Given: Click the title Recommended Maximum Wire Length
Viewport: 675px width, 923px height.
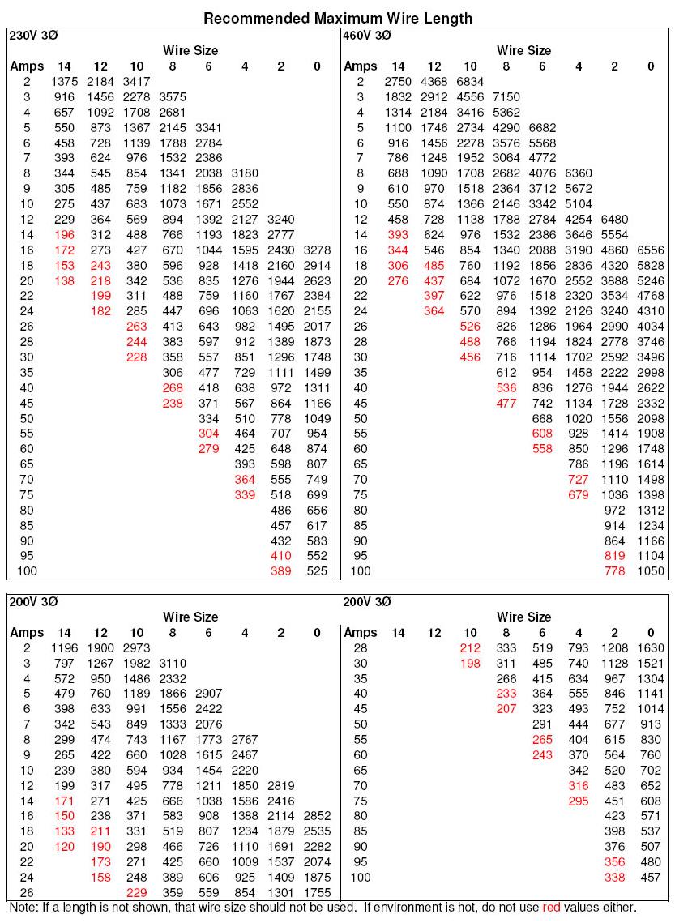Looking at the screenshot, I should click(337, 18).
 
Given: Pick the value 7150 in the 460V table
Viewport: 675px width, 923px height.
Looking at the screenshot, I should click(506, 96).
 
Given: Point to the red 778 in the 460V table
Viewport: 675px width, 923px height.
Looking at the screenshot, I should click(614, 570).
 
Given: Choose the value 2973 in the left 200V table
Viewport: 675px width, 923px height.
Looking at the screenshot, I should click(136, 647).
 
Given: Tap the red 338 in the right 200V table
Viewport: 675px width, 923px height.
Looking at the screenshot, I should click(614, 877).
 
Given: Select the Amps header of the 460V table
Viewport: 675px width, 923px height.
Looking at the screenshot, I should click(361, 66).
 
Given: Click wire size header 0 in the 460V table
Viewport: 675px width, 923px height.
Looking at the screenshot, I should click(651, 66).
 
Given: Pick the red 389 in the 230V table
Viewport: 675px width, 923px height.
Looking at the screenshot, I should click(280, 570).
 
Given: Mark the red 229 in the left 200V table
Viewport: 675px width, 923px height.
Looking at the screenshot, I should click(136, 892).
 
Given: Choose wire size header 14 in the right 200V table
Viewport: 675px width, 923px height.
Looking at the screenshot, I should click(398, 632).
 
